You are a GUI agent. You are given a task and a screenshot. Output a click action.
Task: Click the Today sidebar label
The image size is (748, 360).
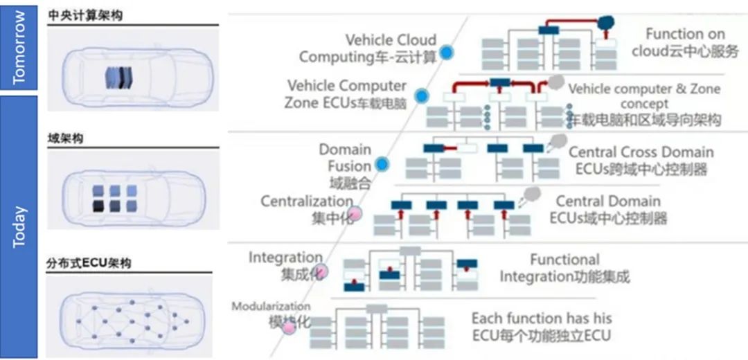(x=19, y=226)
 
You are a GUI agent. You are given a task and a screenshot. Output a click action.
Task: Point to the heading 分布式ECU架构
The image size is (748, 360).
(x=89, y=262)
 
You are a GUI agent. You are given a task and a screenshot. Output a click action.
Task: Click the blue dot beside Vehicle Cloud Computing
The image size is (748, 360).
(x=447, y=51)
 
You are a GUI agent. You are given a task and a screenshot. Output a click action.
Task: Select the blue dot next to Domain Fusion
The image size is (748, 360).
(x=382, y=165)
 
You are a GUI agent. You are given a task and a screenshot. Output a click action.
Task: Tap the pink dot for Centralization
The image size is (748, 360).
(x=355, y=213)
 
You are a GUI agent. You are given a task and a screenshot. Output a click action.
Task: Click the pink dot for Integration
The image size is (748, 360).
(x=321, y=271)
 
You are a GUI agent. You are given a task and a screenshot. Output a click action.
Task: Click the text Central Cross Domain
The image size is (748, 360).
(x=641, y=152)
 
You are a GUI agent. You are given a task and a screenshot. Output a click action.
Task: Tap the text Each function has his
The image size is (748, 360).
(x=542, y=318)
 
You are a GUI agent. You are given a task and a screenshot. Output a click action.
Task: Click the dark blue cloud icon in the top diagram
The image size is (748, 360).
(x=607, y=23)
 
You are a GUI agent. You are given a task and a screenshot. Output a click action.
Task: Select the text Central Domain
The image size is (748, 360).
(x=608, y=201)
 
